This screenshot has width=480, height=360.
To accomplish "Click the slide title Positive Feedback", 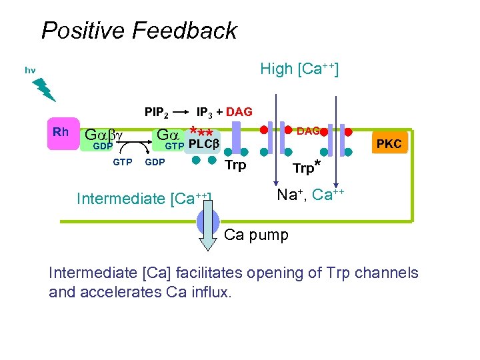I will (x=139, y=31).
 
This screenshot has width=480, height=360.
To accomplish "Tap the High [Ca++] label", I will (x=299, y=69).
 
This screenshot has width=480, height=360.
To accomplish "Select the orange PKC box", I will (x=389, y=143).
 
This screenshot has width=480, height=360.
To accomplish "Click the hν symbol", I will (x=30, y=70).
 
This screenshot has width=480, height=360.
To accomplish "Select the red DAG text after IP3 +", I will (x=239, y=112).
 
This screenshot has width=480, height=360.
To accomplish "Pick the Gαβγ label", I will (x=104, y=135).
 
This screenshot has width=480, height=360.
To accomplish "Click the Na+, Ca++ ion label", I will (x=310, y=195).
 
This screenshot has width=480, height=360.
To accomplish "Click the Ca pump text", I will (x=256, y=235).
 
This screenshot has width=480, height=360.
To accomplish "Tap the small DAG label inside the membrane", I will (x=307, y=131).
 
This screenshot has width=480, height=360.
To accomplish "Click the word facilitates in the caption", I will (x=211, y=273).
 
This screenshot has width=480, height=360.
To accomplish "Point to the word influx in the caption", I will (x=209, y=292).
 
